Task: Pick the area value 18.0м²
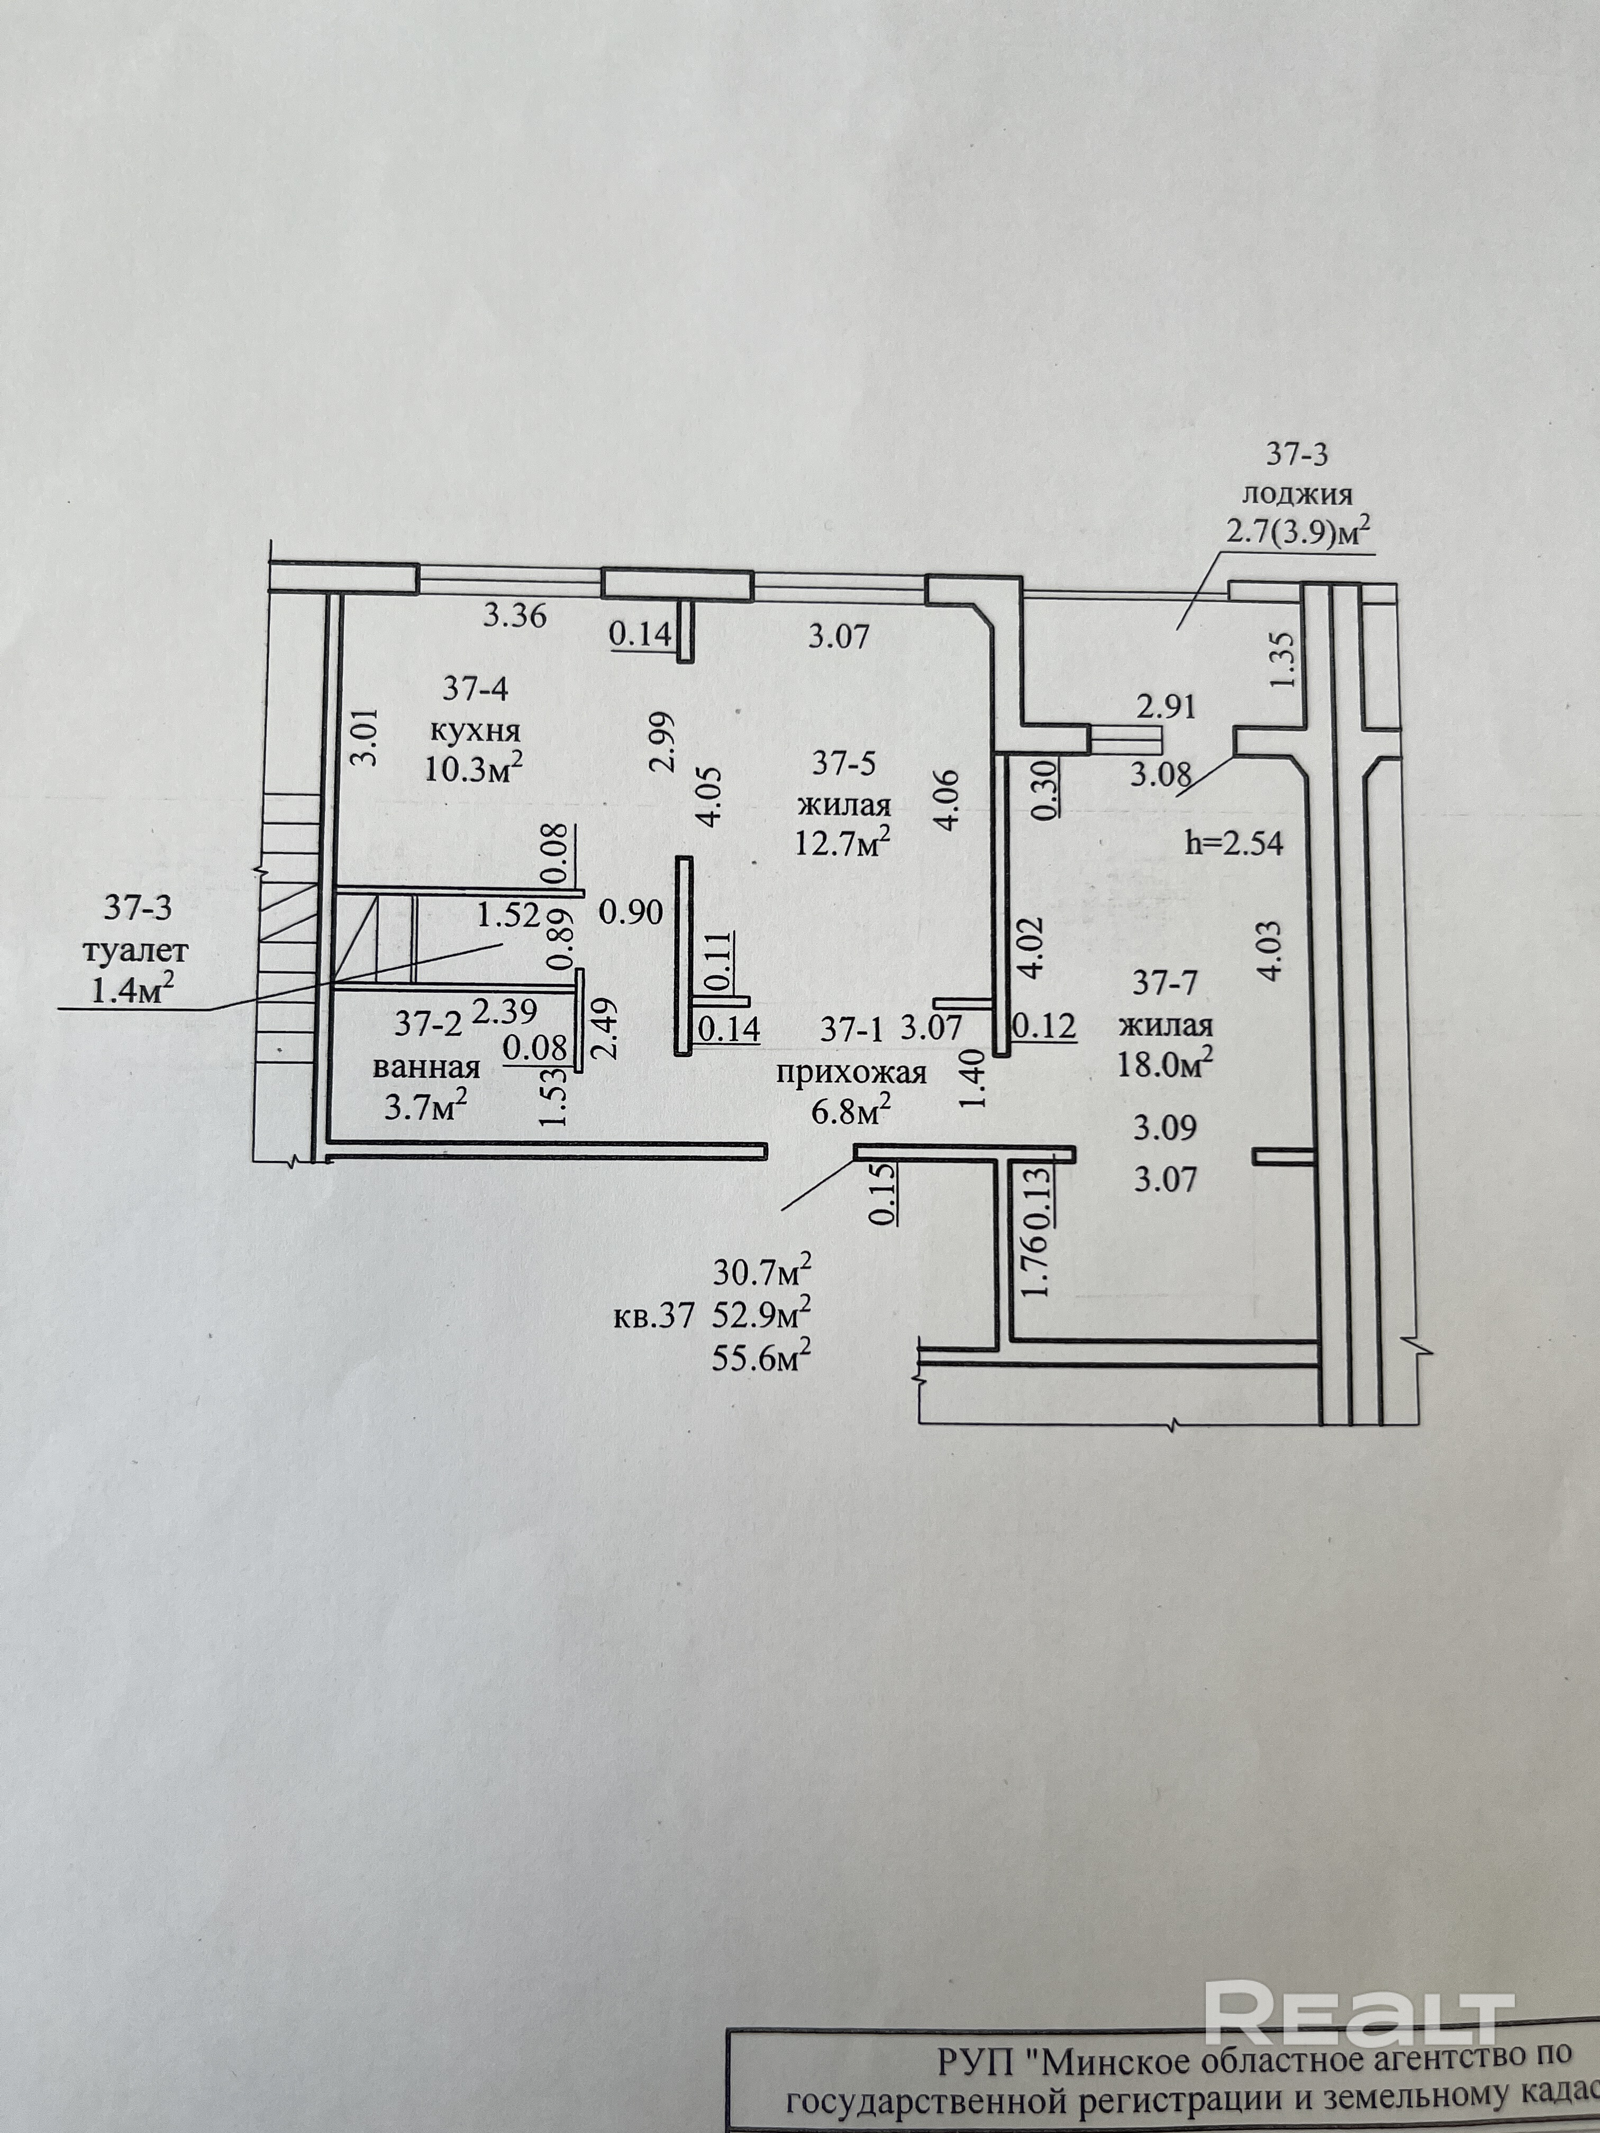tap(1164, 1063)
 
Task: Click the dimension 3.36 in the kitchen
tap(514, 615)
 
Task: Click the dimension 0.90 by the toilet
tap(631, 911)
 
